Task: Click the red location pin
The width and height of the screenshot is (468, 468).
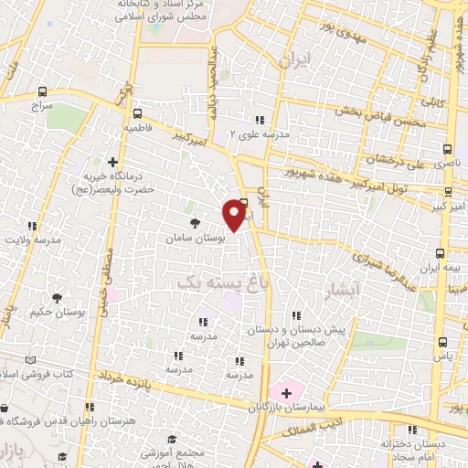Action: (x=236, y=217)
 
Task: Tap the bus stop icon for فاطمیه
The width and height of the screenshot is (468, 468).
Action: (x=137, y=114)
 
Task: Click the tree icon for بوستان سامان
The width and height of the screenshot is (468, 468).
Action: (x=193, y=221)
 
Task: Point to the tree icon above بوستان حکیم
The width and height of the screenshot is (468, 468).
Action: (x=58, y=297)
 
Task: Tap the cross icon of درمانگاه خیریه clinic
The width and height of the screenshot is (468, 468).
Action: (x=112, y=161)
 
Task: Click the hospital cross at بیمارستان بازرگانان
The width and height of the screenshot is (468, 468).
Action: (x=287, y=393)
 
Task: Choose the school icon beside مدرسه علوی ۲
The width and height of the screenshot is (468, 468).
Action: (x=261, y=120)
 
